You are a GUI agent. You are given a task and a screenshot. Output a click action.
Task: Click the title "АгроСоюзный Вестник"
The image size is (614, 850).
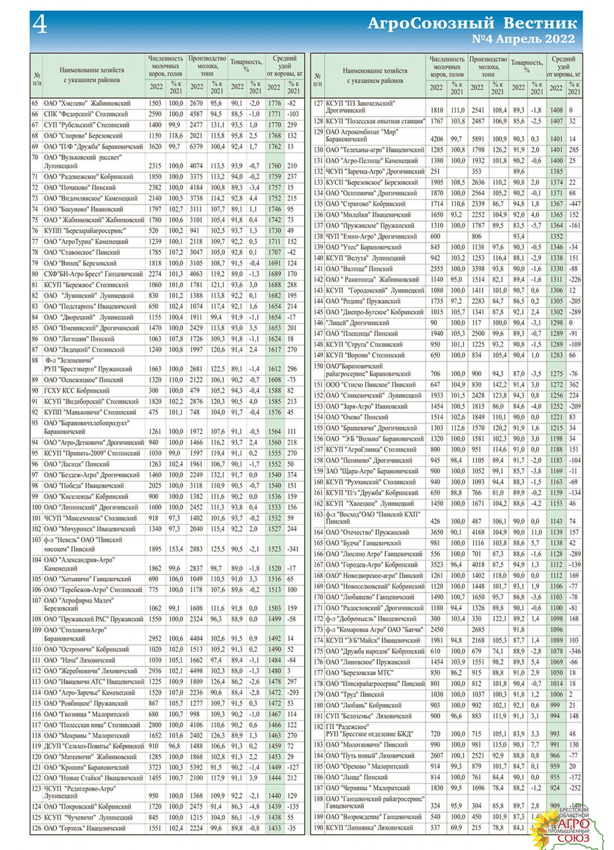pyautogui.click(x=472, y=23)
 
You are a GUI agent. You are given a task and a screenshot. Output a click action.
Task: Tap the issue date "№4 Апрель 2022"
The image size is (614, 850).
pyautogui.click(x=523, y=39)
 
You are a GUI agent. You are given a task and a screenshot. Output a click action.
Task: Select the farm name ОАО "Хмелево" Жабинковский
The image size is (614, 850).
pyautogui.click(x=87, y=103)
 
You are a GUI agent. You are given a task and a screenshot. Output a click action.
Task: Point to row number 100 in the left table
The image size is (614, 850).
pyautogui.click(x=36, y=508)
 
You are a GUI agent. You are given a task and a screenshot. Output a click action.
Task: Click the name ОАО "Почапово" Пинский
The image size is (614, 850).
pyautogui.click(x=80, y=187)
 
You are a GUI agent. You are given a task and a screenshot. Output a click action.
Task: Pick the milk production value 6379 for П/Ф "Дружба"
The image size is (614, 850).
pyautogui.click(x=196, y=147)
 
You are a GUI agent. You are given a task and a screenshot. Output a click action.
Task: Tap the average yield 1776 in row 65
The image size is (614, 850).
pyautogui.click(x=274, y=103)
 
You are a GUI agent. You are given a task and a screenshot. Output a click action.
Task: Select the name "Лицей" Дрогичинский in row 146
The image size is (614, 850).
pyautogui.click(x=358, y=323)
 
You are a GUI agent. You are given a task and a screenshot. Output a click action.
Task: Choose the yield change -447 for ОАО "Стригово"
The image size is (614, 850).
pyautogui.click(x=574, y=204)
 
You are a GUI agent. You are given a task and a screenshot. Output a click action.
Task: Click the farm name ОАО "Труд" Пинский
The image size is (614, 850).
pyautogui.click(x=355, y=695)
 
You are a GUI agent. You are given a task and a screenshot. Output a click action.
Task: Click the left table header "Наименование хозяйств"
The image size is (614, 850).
pyautogui.click(x=92, y=70)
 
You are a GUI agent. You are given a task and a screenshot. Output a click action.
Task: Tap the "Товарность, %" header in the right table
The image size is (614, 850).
pyautogui.click(x=527, y=66)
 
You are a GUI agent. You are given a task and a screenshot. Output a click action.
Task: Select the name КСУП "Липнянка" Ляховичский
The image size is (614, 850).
pyautogui.click(x=369, y=828)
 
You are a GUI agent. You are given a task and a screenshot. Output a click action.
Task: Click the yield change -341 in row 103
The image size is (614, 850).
pyautogui.click(x=293, y=549)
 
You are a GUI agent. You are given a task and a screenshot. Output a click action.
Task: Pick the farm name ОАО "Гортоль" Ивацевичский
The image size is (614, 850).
pyautogui.click(x=85, y=828)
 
